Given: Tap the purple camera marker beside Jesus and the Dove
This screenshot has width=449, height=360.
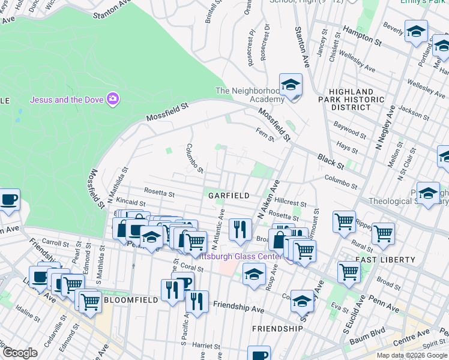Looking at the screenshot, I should [112, 98].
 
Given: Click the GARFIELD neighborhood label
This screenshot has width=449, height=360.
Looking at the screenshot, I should [229, 196].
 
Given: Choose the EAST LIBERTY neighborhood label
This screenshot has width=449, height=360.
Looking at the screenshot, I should [385, 260].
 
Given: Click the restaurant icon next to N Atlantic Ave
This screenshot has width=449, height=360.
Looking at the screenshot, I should [240, 230].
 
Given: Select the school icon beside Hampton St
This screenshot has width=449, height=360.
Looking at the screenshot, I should [416, 32].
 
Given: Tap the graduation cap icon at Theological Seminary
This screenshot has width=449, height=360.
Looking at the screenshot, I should [428, 194].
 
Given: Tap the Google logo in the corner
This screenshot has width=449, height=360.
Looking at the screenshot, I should [20, 353].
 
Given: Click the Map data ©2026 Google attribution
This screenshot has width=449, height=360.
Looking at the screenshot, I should [412, 355].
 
